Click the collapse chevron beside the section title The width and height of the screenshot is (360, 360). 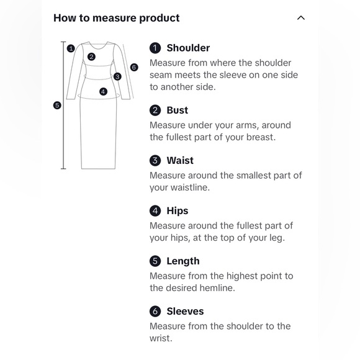301,18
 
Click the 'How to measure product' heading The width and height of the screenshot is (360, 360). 117,18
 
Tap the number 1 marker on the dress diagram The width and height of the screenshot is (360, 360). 71,48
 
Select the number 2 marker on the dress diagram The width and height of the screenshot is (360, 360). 91,56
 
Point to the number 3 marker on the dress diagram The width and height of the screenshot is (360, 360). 117,76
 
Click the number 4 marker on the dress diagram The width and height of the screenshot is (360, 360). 103,92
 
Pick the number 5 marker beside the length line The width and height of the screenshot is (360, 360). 57,106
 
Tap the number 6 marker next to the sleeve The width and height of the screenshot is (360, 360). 134,67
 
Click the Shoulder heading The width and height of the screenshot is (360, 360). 188,48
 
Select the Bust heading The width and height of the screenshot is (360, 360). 178,110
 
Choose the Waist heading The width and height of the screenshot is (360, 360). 180,161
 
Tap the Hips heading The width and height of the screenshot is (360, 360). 178,211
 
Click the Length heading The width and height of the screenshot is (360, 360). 183,261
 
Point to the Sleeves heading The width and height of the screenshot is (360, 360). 186,312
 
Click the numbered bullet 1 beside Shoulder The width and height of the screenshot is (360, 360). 155,48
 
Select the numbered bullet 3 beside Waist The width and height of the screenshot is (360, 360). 155,161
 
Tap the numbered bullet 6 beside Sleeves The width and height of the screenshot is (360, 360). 155,312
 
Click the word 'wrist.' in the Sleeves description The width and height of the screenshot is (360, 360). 161,338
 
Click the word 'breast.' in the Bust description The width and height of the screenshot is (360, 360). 261,137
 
